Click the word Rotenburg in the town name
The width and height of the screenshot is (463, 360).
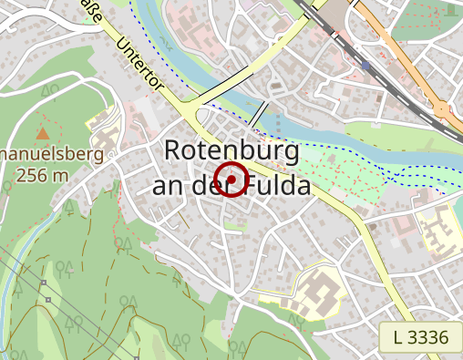point(231,151)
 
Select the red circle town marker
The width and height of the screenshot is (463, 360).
point(232,180)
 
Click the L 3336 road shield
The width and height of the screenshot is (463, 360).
point(421,338)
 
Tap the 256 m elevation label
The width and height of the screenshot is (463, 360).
point(42,175)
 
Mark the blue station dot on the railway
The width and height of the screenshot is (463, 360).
point(366,66)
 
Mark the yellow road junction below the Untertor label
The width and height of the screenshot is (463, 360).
point(193,114)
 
